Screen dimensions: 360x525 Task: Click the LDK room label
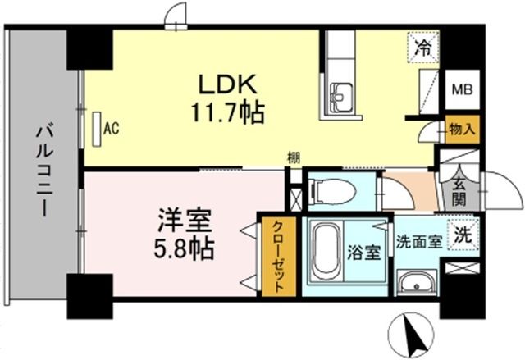point(226,84)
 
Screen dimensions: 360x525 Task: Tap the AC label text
point(112,129)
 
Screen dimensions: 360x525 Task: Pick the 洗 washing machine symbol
point(463,232)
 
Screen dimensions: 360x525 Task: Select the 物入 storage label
point(459,129)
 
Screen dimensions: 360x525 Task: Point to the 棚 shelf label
point(293,157)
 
